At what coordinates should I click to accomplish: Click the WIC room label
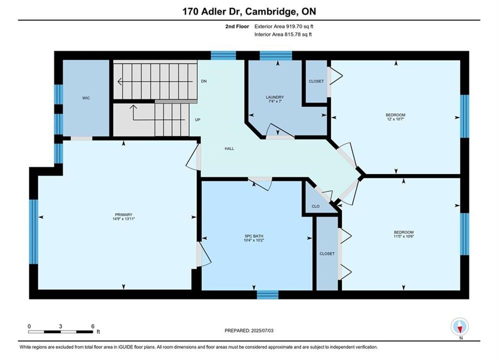pos(86,98)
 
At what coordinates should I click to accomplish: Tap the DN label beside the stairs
pos(204,81)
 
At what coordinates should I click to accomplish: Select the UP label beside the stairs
pos(198,120)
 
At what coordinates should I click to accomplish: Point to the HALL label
pos(229,148)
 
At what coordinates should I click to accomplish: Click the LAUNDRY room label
pos(275,97)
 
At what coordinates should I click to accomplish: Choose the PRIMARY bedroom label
pos(124,214)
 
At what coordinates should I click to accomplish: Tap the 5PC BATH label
pos(254,236)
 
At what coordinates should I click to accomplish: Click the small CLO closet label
pos(316,206)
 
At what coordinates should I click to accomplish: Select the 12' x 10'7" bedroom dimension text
pos(396,119)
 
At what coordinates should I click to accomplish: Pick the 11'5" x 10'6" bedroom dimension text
pos(404,236)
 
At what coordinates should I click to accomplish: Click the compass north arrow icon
pos(460,326)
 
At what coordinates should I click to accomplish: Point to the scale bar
pos(61,332)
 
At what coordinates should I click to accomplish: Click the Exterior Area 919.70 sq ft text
pos(284,26)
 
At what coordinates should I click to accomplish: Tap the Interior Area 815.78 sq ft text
pos(283,34)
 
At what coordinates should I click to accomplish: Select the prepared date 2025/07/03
pos(262,330)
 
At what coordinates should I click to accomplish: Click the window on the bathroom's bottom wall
pos(267,294)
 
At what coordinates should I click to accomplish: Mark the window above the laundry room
pos(276,55)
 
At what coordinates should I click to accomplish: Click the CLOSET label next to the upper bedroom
pos(316,81)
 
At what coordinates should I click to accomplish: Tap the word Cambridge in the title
pos(270,11)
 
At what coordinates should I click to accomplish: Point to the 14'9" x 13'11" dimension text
pos(124,219)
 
